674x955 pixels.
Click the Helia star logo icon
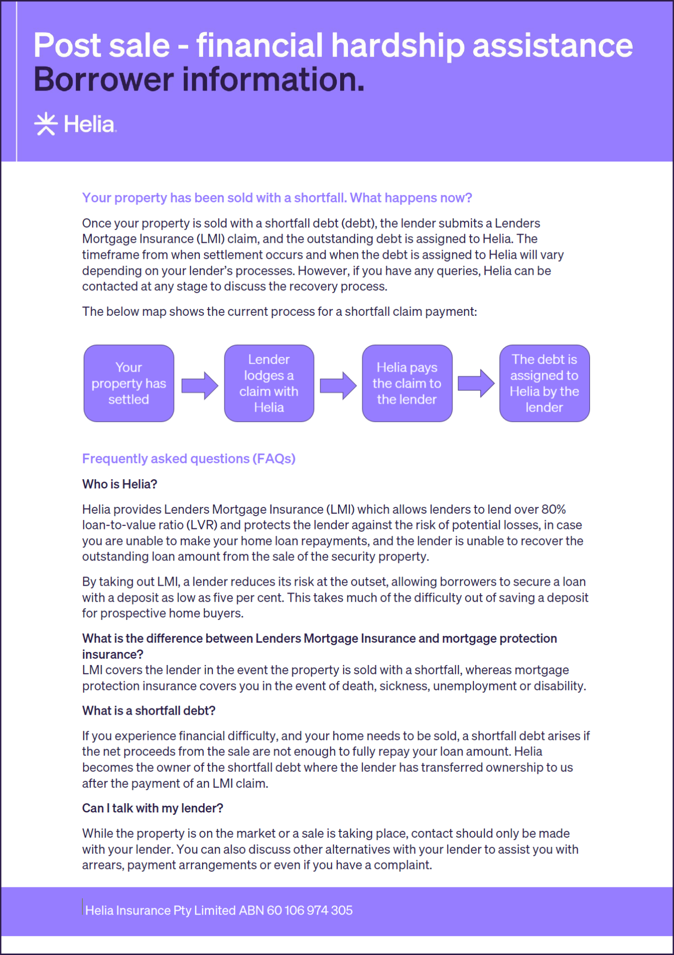pos(46,124)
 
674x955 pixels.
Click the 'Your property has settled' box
pos(129,383)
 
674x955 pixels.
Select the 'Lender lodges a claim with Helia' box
pos(269,383)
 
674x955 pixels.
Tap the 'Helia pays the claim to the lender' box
pos(407,383)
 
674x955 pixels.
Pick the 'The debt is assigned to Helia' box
pos(544,383)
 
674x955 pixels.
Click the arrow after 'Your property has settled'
pos(200,386)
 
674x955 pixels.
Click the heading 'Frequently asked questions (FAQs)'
pos(189,459)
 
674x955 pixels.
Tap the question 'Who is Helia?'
pos(120,484)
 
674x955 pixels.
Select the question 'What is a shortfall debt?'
pos(149,711)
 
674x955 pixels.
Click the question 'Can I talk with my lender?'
pos(153,808)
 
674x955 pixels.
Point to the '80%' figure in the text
pos(553,509)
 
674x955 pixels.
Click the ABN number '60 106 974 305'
pos(310,910)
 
